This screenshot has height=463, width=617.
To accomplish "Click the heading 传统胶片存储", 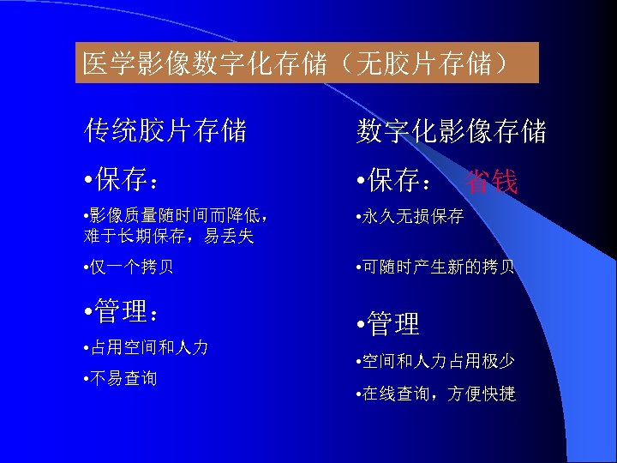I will pyautogui.click(x=165, y=131).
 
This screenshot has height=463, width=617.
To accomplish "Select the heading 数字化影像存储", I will pyautogui.click(x=452, y=131).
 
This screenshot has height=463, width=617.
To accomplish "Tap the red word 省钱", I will pyautogui.click(x=492, y=182).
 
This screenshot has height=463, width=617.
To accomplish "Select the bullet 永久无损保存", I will pyautogui.click(x=412, y=217).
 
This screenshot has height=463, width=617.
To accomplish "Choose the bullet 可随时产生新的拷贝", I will pyautogui.click(x=436, y=267).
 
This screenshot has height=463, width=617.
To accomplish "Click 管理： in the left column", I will pyautogui.click(x=127, y=311).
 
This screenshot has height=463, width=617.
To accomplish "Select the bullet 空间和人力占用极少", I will pyautogui.click(x=436, y=362).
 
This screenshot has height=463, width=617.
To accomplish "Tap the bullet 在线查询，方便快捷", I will pyautogui.click(x=436, y=394).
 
